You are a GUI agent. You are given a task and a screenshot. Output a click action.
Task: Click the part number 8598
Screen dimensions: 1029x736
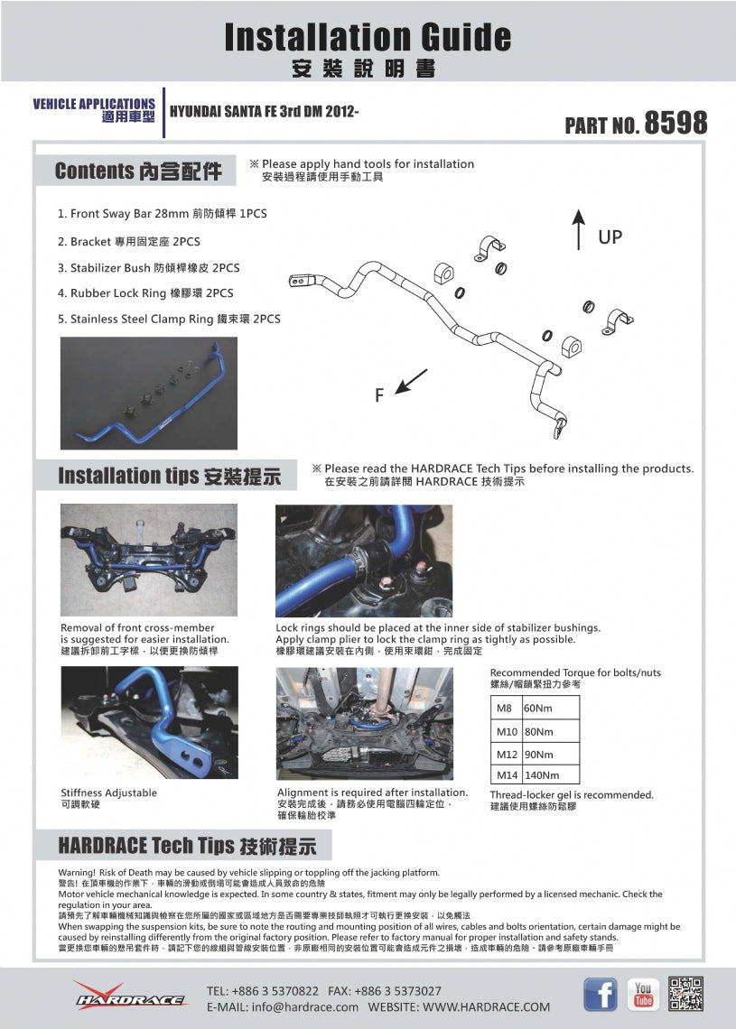[675, 123]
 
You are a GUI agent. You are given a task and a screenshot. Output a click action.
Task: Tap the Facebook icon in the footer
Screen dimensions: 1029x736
[601, 995]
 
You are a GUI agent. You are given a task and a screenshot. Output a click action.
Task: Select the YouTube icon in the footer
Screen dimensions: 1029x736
[643, 995]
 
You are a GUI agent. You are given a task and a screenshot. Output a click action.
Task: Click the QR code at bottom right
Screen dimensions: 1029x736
[686, 994]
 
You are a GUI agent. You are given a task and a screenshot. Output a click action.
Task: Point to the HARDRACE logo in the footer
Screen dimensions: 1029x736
[130, 996]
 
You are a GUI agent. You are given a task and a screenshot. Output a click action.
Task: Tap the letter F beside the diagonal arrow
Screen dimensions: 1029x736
[380, 394]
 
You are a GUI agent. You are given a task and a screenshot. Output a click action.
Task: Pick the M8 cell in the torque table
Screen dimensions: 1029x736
[505, 709]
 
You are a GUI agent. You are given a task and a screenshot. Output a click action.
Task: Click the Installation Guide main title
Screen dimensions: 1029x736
[368, 38]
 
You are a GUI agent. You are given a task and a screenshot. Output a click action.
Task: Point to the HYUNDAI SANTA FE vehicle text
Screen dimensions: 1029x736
[265, 112]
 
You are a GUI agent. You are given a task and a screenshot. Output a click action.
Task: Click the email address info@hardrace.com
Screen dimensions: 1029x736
[282, 1006]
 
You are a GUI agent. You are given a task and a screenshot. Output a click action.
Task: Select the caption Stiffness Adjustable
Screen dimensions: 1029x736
[108, 793]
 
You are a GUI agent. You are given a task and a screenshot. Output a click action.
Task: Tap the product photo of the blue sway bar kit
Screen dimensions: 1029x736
[149, 393]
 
